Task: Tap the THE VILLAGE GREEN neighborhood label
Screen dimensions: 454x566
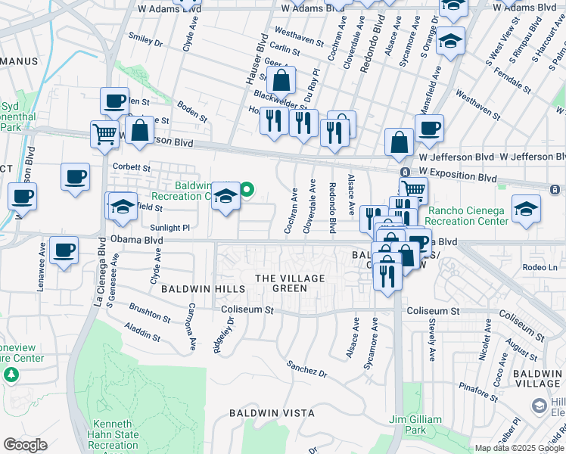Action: tap(290, 283)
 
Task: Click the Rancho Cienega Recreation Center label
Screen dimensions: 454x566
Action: tap(468, 216)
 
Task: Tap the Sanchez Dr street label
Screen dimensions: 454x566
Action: tap(306, 368)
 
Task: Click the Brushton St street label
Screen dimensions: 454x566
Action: tap(149, 310)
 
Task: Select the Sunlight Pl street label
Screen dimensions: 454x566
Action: tap(169, 226)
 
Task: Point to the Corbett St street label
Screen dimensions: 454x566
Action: tap(132, 168)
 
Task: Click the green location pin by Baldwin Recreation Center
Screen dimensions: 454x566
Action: tap(247, 188)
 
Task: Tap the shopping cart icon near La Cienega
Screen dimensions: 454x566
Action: tap(104, 134)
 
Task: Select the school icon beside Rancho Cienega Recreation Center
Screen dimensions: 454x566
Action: tap(526, 208)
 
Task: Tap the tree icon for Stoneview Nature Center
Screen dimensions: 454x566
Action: tap(11, 374)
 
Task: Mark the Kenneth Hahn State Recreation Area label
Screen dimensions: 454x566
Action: tap(115, 434)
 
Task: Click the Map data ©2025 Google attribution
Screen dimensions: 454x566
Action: tap(518, 448)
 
